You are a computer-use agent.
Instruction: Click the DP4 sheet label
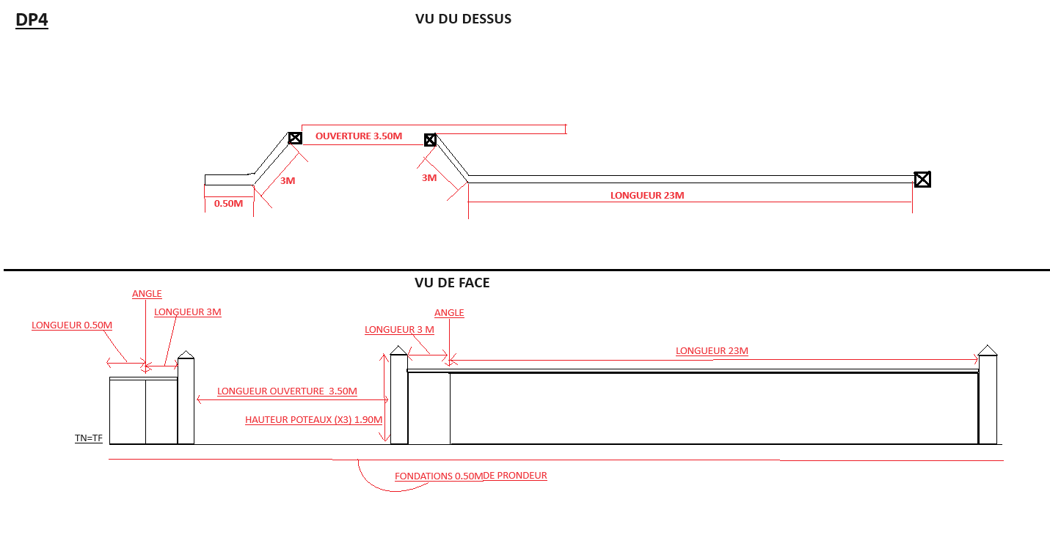click(x=32, y=20)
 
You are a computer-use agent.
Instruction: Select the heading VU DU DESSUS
click(x=463, y=19)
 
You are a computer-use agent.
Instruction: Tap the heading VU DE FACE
click(x=452, y=283)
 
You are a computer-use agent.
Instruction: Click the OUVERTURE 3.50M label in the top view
click(x=359, y=136)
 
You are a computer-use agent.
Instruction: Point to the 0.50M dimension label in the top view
click(x=228, y=203)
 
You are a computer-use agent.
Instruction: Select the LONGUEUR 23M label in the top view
click(x=647, y=196)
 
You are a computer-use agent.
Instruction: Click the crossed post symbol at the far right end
click(x=922, y=179)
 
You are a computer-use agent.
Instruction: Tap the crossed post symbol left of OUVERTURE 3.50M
click(x=295, y=138)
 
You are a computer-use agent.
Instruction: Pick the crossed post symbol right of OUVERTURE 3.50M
click(x=431, y=139)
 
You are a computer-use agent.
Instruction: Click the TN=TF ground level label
click(x=89, y=438)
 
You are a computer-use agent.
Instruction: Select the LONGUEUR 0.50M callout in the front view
click(x=72, y=325)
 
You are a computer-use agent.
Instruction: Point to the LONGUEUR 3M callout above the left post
click(x=188, y=312)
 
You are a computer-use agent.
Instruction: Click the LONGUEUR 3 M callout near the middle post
click(x=399, y=330)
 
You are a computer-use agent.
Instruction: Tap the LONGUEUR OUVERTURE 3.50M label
click(x=287, y=391)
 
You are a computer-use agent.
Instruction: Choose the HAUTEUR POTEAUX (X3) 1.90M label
click(x=313, y=420)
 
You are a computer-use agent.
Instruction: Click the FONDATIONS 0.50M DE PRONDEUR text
click(x=470, y=476)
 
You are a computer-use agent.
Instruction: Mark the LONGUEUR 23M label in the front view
click(x=712, y=351)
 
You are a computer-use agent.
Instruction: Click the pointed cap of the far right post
click(x=988, y=350)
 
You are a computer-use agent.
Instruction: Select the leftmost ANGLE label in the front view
click(x=147, y=294)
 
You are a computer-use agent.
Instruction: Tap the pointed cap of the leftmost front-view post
click(x=186, y=354)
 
